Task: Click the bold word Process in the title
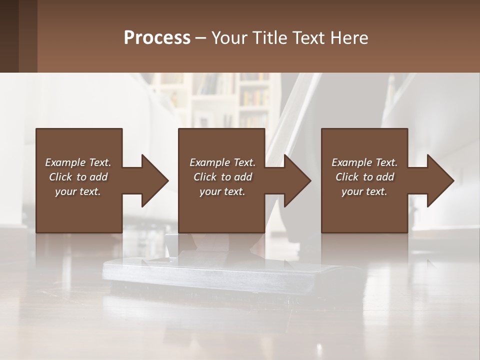click(x=157, y=38)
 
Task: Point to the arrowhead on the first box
click(x=155, y=180)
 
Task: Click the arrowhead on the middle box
click(x=297, y=180)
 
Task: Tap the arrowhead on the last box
click(x=440, y=180)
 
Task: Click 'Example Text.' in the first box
click(x=78, y=162)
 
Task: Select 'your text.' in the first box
click(x=78, y=191)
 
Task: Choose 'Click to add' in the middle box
click(x=222, y=177)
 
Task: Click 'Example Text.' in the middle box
click(x=222, y=162)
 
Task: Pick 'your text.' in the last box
click(x=364, y=191)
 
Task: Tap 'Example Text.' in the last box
click(x=364, y=162)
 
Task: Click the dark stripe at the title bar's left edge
click(x=9, y=36)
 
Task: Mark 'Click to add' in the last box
click(x=364, y=177)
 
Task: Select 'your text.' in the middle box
click(x=222, y=191)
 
